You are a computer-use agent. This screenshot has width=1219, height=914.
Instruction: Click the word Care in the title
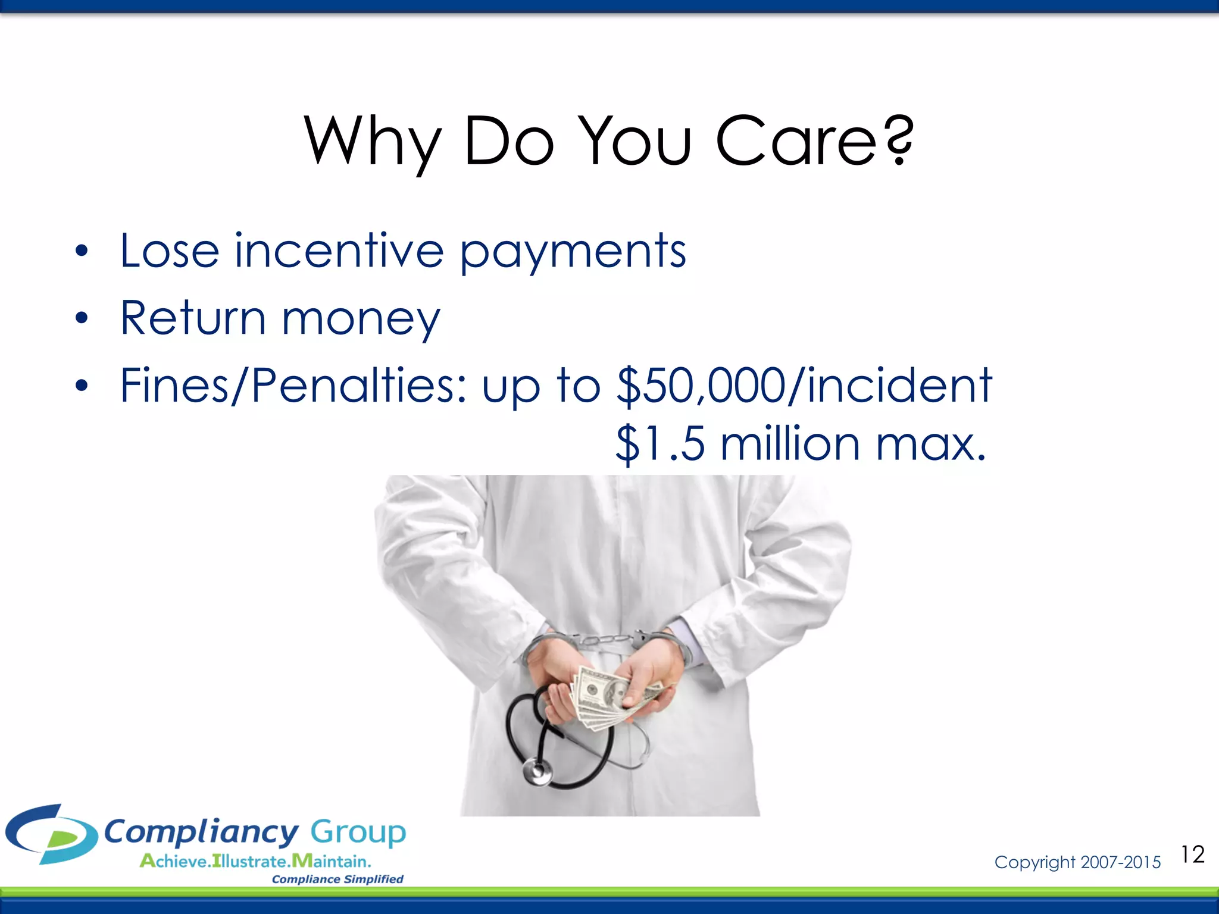(x=796, y=142)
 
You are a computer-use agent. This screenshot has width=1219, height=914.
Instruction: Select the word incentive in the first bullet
(x=339, y=251)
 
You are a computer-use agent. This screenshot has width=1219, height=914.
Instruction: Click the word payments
(x=573, y=253)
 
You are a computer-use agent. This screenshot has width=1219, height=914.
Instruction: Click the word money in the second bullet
(x=361, y=321)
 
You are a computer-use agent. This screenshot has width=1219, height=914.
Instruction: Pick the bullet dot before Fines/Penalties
(x=82, y=387)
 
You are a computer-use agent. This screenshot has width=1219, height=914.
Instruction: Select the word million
(x=790, y=444)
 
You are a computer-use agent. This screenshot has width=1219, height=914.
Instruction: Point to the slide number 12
(x=1193, y=854)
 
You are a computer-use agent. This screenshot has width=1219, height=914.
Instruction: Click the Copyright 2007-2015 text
(x=1077, y=862)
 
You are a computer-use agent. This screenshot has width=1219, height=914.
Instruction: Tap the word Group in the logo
(x=358, y=832)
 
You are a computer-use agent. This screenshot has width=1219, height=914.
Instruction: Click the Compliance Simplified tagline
(x=337, y=879)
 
